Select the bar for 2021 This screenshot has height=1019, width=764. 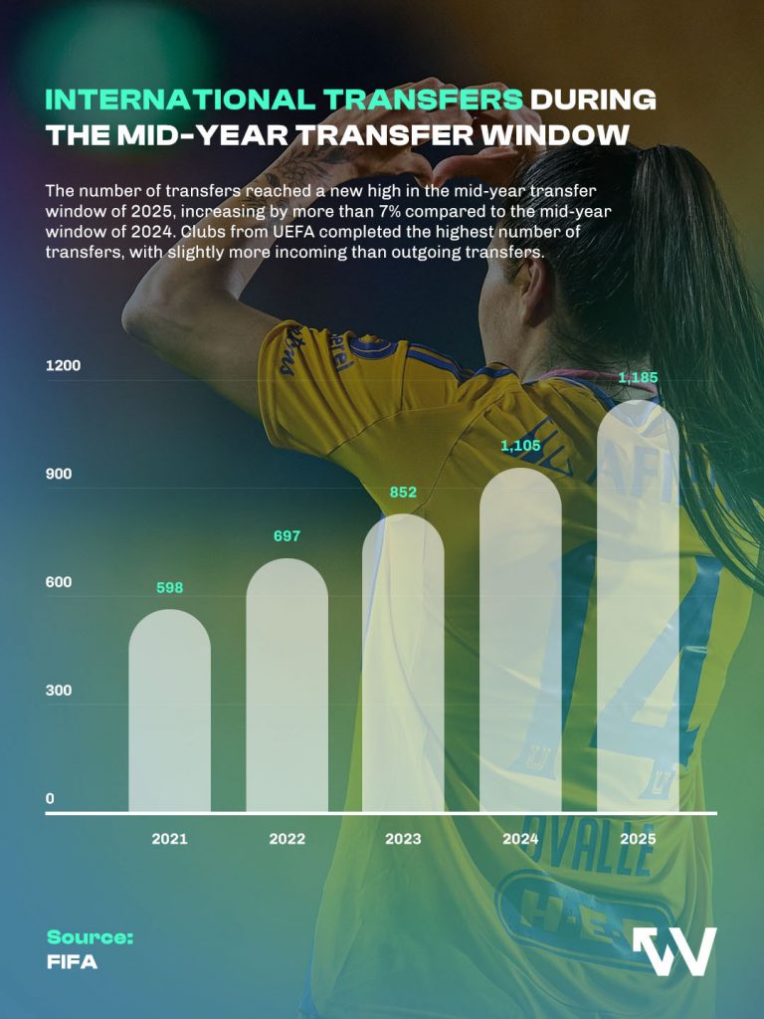pyautogui.click(x=170, y=712)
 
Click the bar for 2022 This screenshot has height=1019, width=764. pyautogui.click(x=286, y=687)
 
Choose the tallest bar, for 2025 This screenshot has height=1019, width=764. pyautogui.click(x=638, y=607)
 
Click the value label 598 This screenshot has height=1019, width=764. pyautogui.click(x=170, y=588)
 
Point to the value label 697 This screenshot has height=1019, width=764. pyautogui.click(x=286, y=537)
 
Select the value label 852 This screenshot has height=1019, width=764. pyautogui.click(x=403, y=493)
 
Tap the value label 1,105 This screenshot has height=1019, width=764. pyautogui.click(x=520, y=446)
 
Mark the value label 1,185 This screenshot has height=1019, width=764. pyautogui.click(x=638, y=378)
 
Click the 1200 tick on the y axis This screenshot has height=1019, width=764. pyautogui.click(x=63, y=366)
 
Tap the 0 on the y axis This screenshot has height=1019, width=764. pyautogui.click(x=50, y=799)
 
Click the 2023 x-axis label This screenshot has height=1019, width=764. pyautogui.click(x=403, y=839)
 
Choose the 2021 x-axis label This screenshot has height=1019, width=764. pyautogui.click(x=170, y=839)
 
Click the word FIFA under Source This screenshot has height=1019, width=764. pyautogui.click(x=73, y=962)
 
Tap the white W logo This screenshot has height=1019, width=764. pyautogui.click(x=675, y=951)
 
